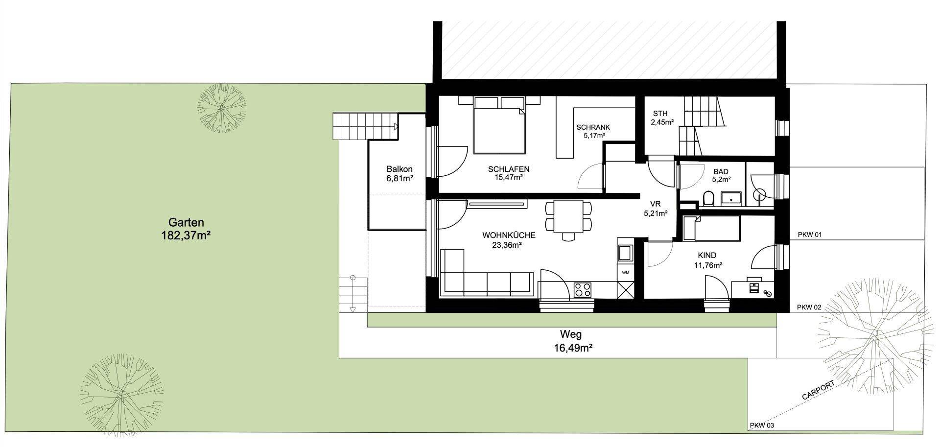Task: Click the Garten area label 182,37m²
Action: pos(186,235)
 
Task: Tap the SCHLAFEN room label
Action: pos(509,169)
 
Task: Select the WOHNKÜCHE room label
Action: pos(509,235)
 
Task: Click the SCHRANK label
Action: pos(593,127)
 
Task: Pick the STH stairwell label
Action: pos(659,114)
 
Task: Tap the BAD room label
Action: pos(721,172)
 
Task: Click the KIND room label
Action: pos(707,256)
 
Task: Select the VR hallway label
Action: pos(655,204)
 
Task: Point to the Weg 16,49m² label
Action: pos(571,341)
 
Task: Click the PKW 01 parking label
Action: pos(809,235)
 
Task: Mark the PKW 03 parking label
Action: pos(762,426)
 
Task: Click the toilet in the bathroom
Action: pos(708,199)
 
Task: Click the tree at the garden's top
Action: pos(221,108)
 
